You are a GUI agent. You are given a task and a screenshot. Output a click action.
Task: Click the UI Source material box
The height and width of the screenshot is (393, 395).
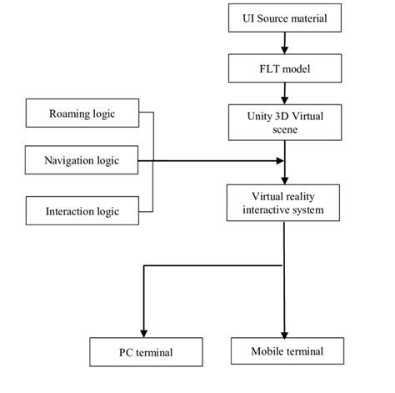click(285, 18)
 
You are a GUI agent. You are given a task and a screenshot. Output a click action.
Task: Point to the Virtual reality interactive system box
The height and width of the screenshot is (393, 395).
click(285, 204)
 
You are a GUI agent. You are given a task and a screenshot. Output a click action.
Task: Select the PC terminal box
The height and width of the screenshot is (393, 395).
click(146, 352)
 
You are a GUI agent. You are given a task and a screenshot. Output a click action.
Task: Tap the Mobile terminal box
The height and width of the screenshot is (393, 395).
click(286, 351)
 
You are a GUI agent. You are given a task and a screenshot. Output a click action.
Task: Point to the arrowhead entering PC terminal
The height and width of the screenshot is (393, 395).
click(146, 331)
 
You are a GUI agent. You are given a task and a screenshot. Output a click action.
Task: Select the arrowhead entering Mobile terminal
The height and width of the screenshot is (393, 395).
click(285, 331)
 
